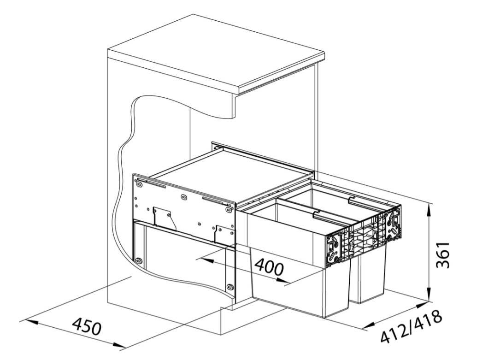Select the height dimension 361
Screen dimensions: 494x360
coord(442,255)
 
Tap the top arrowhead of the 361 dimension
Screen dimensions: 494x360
coord(429,210)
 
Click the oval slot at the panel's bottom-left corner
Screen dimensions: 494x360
coord(138,260)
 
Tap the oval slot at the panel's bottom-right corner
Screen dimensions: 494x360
coord(230,287)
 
